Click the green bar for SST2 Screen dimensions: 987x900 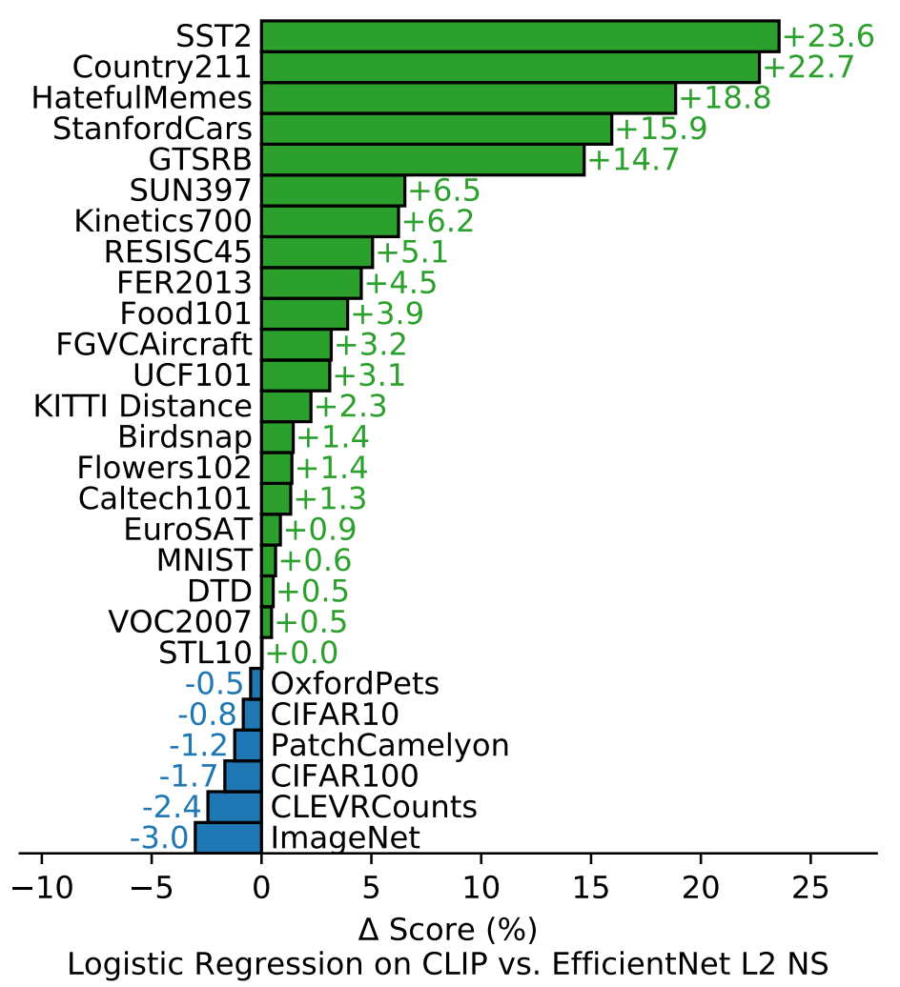point(520,36)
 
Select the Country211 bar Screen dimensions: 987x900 point(510,68)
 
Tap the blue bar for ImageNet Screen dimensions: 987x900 point(228,837)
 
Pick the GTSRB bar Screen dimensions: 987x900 point(422,160)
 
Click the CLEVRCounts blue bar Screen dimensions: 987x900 point(235,807)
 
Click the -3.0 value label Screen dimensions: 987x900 point(160,838)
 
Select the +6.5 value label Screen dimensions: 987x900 point(443,191)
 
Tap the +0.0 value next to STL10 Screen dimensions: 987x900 point(301,653)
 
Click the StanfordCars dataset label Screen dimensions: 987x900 point(152,129)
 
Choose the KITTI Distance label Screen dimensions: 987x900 point(143,407)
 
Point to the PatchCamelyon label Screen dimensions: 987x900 point(389,745)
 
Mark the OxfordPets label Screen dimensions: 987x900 point(355,683)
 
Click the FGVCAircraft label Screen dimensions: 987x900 point(154,345)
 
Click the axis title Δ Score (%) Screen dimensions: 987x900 point(447,928)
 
